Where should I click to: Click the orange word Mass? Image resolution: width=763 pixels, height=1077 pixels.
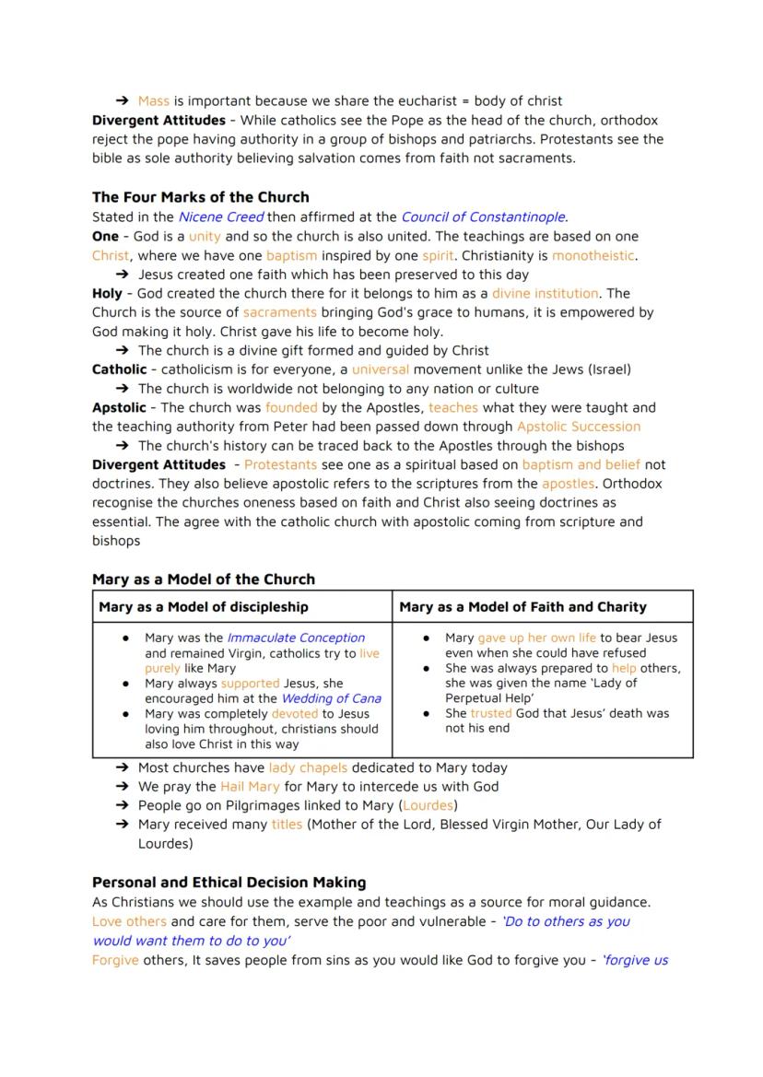coord(153,101)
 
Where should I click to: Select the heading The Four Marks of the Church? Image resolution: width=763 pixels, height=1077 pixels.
coord(200,197)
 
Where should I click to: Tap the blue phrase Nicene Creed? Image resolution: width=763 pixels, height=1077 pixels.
coord(220,217)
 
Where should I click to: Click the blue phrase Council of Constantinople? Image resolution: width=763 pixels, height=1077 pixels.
coord(483,217)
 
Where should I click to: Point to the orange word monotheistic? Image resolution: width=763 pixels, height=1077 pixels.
coord(593,255)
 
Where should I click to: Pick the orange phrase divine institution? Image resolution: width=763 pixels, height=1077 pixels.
coord(545,294)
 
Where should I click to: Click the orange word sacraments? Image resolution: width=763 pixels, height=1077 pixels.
coord(279,312)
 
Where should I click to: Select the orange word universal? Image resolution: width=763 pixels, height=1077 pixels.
coord(380,369)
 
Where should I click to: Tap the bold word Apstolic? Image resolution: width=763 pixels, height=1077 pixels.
coord(119,407)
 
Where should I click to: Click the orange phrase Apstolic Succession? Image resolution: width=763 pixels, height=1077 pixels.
coord(578,427)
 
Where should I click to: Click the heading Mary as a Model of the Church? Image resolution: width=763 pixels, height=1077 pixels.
coord(204,579)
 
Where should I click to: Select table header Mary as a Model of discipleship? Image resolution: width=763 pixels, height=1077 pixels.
coord(204,607)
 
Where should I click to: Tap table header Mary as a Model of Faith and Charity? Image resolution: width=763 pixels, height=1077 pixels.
coord(522,607)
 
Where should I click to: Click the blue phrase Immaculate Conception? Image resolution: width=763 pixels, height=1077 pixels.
coord(296,638)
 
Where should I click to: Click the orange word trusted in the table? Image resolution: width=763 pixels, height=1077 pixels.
coord(490,713)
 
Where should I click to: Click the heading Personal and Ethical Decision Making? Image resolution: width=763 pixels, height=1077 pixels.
coord(229,883)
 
